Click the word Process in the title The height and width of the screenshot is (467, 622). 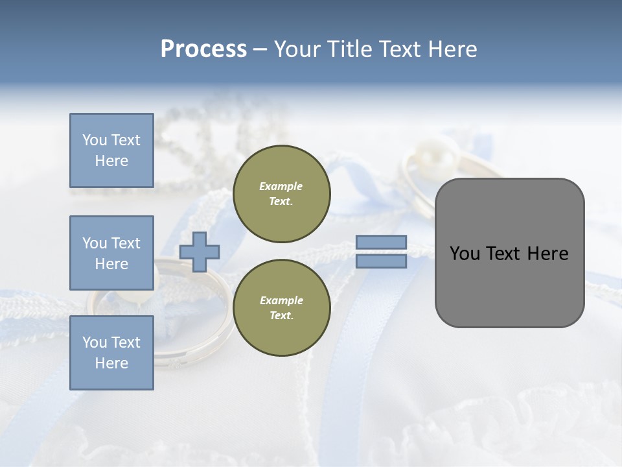point(203,49)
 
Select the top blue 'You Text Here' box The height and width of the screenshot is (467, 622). point(111,150)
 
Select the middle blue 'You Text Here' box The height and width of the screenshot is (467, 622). point(111,253)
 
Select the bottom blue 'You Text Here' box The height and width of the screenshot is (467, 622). point(111,352)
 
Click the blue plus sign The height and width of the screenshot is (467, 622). point(200,252)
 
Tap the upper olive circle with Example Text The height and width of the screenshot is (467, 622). point(281,193)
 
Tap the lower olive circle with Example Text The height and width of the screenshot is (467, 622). point(281,307)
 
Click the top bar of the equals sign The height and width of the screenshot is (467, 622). point(381,243)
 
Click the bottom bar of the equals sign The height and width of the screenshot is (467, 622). point(381,261)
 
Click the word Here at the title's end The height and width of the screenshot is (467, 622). point(451,49)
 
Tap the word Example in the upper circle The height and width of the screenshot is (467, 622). point(281,186)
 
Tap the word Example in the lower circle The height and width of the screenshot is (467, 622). point(281,300)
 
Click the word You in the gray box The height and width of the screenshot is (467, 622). point(464,254)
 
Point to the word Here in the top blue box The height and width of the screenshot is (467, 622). point(111,161)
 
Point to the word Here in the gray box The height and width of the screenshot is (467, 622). point(547,254)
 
